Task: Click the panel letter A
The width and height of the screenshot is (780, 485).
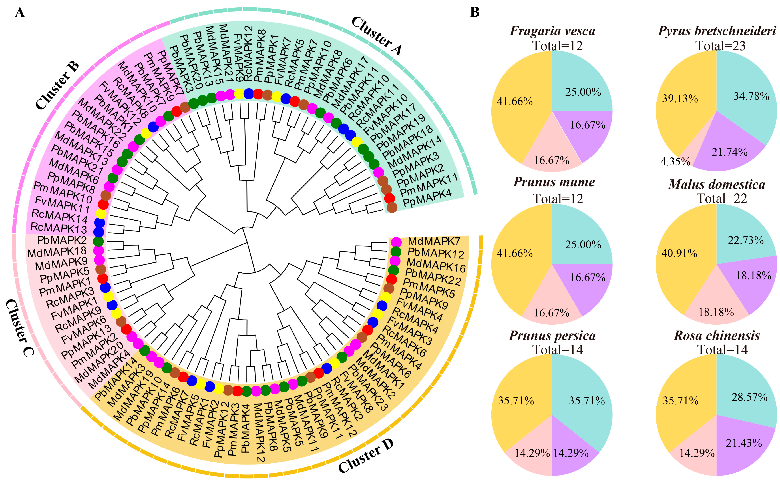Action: [x=20, y=13]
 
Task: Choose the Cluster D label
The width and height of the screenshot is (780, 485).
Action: [x=365, y=456]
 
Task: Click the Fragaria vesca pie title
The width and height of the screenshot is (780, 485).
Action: [x=552, y=31]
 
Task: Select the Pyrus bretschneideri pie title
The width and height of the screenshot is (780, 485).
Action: [x=717, y=31]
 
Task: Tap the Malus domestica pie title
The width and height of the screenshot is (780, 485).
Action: [x=717, y=185]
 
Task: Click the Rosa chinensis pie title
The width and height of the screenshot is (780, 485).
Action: [x=717, y=336]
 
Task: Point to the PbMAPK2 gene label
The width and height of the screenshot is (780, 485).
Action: [x=62, y=240]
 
